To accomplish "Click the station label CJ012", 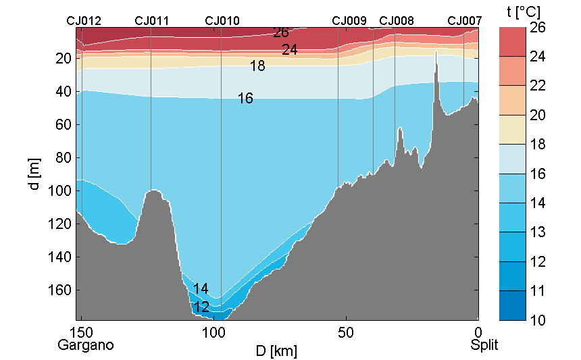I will tap(84, 21).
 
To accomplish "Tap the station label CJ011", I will tap(151, 21).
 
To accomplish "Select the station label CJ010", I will tap(222, 21).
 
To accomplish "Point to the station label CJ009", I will tap(349, 21).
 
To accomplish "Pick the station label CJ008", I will tap(397, 21).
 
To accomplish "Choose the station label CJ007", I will tap(465, 21).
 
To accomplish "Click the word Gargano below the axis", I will tap(85, 345).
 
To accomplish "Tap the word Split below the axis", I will tap(484, 345).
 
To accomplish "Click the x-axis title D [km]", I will tap(277, 351).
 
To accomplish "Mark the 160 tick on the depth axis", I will tap(62, 290).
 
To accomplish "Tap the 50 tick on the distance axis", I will tap(346, 332).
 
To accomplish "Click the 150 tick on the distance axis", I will tap(81, 332).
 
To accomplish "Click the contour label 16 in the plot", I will tap(245, 99).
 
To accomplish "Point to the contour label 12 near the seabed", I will tap(201, 307).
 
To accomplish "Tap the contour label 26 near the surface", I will tap(281, 32).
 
